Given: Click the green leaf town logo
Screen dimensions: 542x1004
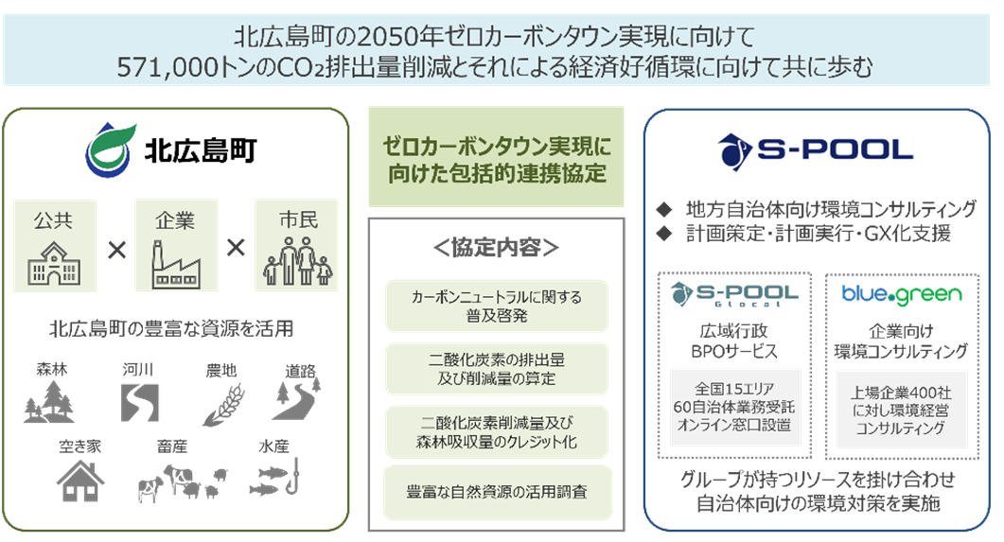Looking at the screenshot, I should click(x=111, y=150).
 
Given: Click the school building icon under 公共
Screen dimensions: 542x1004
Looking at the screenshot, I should click(x=53, y=266).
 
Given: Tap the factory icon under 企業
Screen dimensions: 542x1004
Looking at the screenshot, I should click(x=175, y=266).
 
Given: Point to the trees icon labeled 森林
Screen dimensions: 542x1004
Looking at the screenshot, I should click(x=49, y=400).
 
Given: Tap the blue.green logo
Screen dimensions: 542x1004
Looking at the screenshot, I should click(x=902, y=295).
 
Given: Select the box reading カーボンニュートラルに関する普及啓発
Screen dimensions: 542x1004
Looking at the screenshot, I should click(x=497, y=306).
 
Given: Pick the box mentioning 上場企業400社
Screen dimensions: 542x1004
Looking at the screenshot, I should click(x=901, y=410).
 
